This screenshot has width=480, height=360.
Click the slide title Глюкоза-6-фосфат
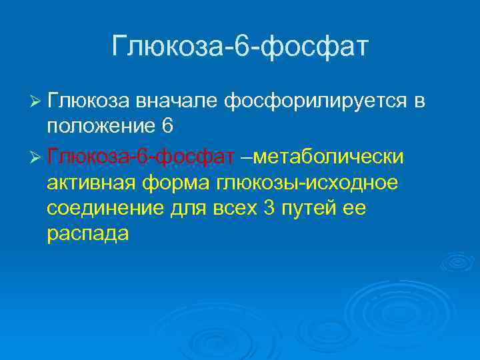(x=240, y=47)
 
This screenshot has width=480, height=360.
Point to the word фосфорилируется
(x=315, y=101)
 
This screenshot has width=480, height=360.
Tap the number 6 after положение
(x=168, y=127)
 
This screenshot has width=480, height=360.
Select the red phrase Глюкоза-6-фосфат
(x=141, y=156)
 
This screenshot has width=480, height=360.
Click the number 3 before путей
(x=270, y=209)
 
